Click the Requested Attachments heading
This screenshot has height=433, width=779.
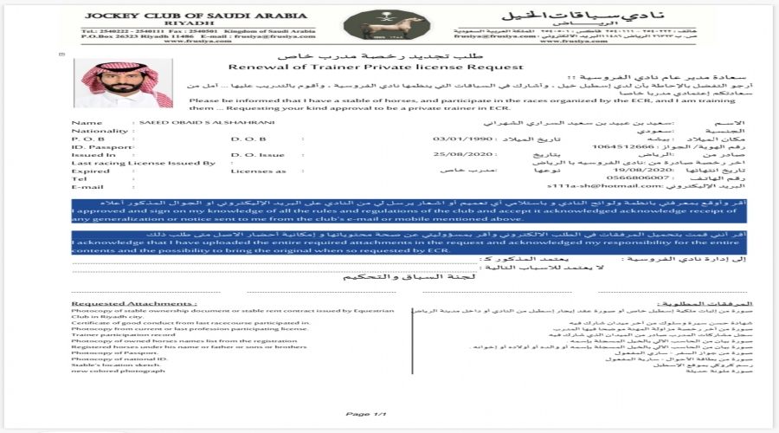133,304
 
